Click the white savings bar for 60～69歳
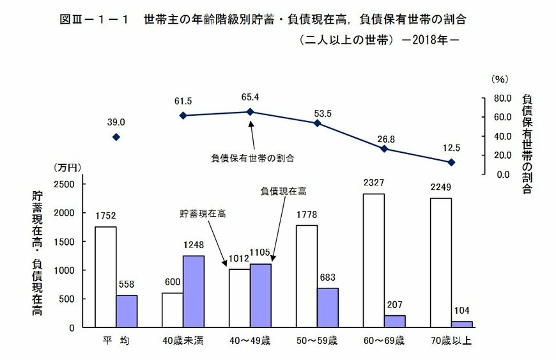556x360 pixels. pos(374,260)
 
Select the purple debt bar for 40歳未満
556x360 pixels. pos(194,292)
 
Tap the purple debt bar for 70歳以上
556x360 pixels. pos(462,324)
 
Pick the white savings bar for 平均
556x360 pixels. pos(105,277)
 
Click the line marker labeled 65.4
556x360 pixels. pos(250,112)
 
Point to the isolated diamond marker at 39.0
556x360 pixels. pos(116,137)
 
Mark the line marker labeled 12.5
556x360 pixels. pos(451,162)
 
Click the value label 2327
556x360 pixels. pos(374,182)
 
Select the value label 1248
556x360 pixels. pos(194,244)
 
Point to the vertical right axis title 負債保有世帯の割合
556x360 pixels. pos(527,143)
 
